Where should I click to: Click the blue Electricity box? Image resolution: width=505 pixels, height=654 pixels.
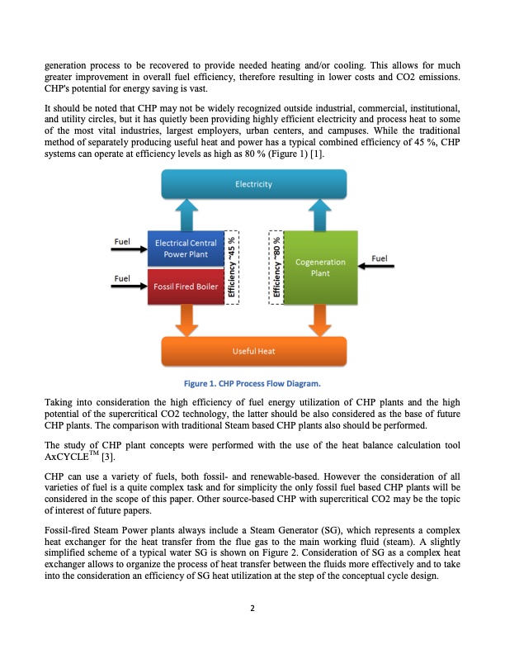coord(253,184)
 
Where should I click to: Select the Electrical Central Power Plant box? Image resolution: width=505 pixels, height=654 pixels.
coord(186,249)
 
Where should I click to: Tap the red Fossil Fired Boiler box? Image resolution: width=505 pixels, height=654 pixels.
coord(186,287)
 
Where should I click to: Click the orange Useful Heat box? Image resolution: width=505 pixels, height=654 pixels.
coord(253,351)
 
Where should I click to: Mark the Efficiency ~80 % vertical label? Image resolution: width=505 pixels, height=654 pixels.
coord(277,268)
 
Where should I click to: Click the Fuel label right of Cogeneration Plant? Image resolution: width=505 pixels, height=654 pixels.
coord(380,258)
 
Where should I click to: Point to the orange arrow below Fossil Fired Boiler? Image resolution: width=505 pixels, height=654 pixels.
coord(186,320)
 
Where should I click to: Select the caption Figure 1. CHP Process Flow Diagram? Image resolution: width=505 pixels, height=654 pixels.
coord(252,384)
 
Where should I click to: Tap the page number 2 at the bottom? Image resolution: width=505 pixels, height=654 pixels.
coord(252,609)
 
